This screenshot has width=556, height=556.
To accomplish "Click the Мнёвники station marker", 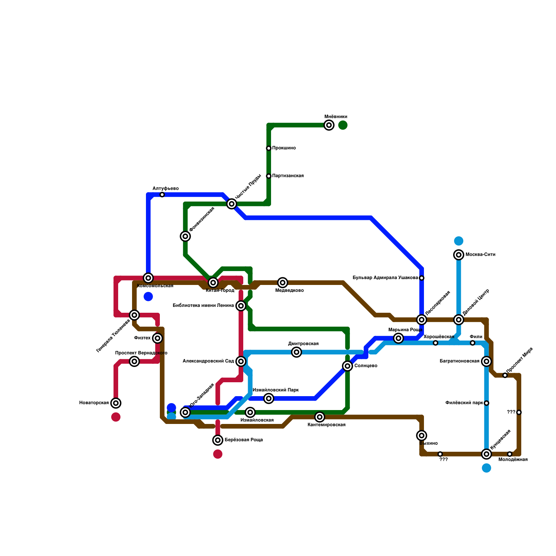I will [329, 125].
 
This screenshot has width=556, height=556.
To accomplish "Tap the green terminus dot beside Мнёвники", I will [343, 125].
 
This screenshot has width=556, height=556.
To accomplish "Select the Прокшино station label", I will [284, 148].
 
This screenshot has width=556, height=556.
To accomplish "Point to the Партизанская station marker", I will [269, 176].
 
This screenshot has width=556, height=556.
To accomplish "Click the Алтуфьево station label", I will [165, 189].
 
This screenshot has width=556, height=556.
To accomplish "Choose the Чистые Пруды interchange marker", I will [232, 204].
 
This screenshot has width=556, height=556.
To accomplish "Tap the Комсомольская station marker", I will [148, 278].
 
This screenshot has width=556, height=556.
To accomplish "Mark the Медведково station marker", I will [283, 283].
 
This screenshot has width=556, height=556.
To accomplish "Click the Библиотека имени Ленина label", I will [203, 306].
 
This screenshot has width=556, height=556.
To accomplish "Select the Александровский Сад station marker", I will [241, 361].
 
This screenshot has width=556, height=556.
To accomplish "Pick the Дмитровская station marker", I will [296, 352].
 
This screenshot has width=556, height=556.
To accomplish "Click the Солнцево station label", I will [366, 366].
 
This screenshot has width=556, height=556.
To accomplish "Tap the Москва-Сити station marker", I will [459, 255].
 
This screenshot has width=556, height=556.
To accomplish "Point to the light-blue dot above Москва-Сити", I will [459, 241].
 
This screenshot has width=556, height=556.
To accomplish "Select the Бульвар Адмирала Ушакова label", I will [385, 278].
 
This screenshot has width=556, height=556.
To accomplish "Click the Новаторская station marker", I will [116, 403].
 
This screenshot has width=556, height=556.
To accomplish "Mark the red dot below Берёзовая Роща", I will [218, 454].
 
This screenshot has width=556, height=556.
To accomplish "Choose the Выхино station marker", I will [422, 435].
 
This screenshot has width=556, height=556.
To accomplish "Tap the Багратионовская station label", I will [459, 361].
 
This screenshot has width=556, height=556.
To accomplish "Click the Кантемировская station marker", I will [320, 417].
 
